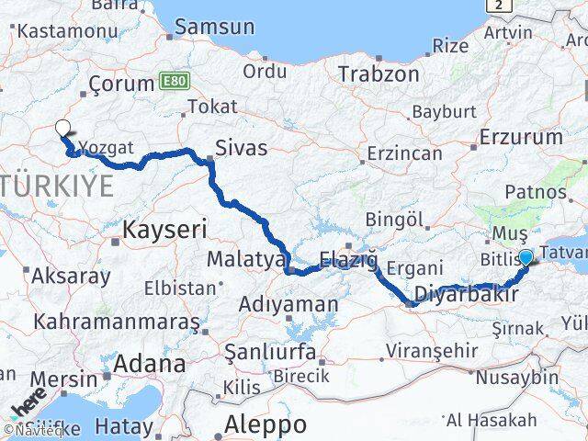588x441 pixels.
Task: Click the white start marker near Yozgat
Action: (62, 130)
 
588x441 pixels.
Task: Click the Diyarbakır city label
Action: (461, 294)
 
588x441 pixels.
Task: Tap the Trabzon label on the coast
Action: (379, 73)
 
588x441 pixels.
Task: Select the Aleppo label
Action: (266, 424)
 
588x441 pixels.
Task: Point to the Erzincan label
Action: (403, 153)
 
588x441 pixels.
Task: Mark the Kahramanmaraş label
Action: (117, 322)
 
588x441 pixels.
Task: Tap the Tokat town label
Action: (206, 107)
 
